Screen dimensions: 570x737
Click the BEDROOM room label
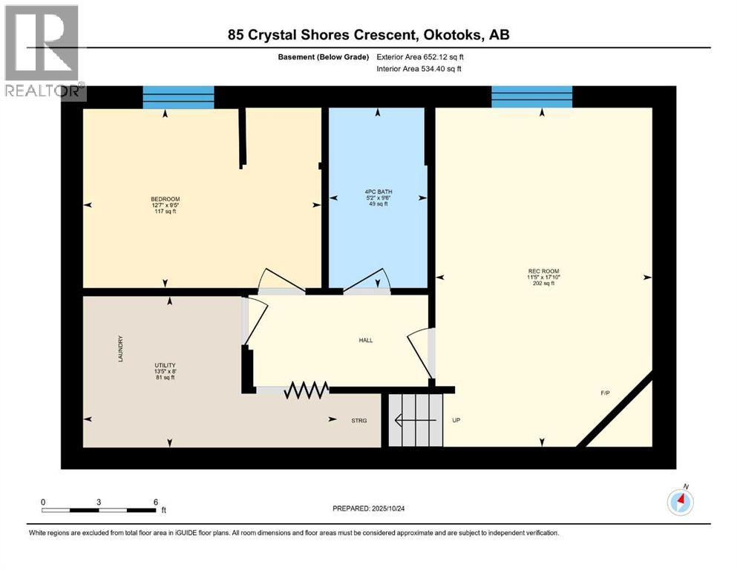pos(165,199)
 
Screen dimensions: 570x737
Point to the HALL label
pos(365,341)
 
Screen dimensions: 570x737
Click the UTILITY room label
pos(164,365)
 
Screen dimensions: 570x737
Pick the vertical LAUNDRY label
pos(120,349)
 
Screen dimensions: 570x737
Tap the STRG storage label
pos(359,421)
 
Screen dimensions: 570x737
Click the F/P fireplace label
pos(605,393)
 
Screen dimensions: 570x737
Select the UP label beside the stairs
pos(457,421)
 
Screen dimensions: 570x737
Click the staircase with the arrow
pos(416,420)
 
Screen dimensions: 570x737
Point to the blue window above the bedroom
pos(178,97)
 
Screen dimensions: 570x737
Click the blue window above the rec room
pos(531,97)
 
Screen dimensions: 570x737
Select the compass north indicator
pos(681,502)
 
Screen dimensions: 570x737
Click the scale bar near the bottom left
pos(99,510)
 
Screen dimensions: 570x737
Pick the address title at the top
pos(368,35)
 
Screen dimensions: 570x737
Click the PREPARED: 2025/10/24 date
pos(372,508)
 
